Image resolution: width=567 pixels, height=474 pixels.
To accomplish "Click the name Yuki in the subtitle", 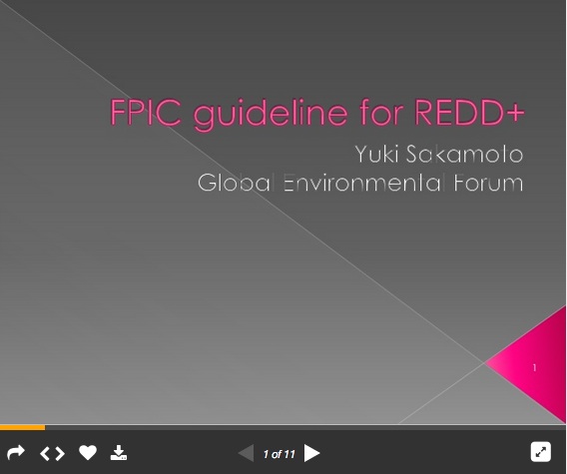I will coord(375,155).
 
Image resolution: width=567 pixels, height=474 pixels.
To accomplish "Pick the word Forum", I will coord(487,184).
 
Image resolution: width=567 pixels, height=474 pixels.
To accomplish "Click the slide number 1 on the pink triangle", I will coord(534,368).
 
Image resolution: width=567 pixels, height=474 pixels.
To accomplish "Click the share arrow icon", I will coord(15,453).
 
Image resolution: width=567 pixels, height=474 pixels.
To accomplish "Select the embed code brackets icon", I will coord(52,453).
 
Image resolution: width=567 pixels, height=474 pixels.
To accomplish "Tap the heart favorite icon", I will coord(88,453).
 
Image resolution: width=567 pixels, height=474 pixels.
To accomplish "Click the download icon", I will coord(119,453).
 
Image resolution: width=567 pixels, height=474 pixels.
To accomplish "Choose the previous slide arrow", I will coord(246,454).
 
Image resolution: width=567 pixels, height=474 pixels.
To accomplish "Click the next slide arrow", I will coord(312,454).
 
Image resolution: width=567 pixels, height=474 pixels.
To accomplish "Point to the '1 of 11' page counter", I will coord(279,454).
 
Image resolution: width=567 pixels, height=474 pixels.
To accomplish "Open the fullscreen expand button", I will coord(540,452).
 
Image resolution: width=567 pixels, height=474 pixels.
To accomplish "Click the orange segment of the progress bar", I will coord(22,427).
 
